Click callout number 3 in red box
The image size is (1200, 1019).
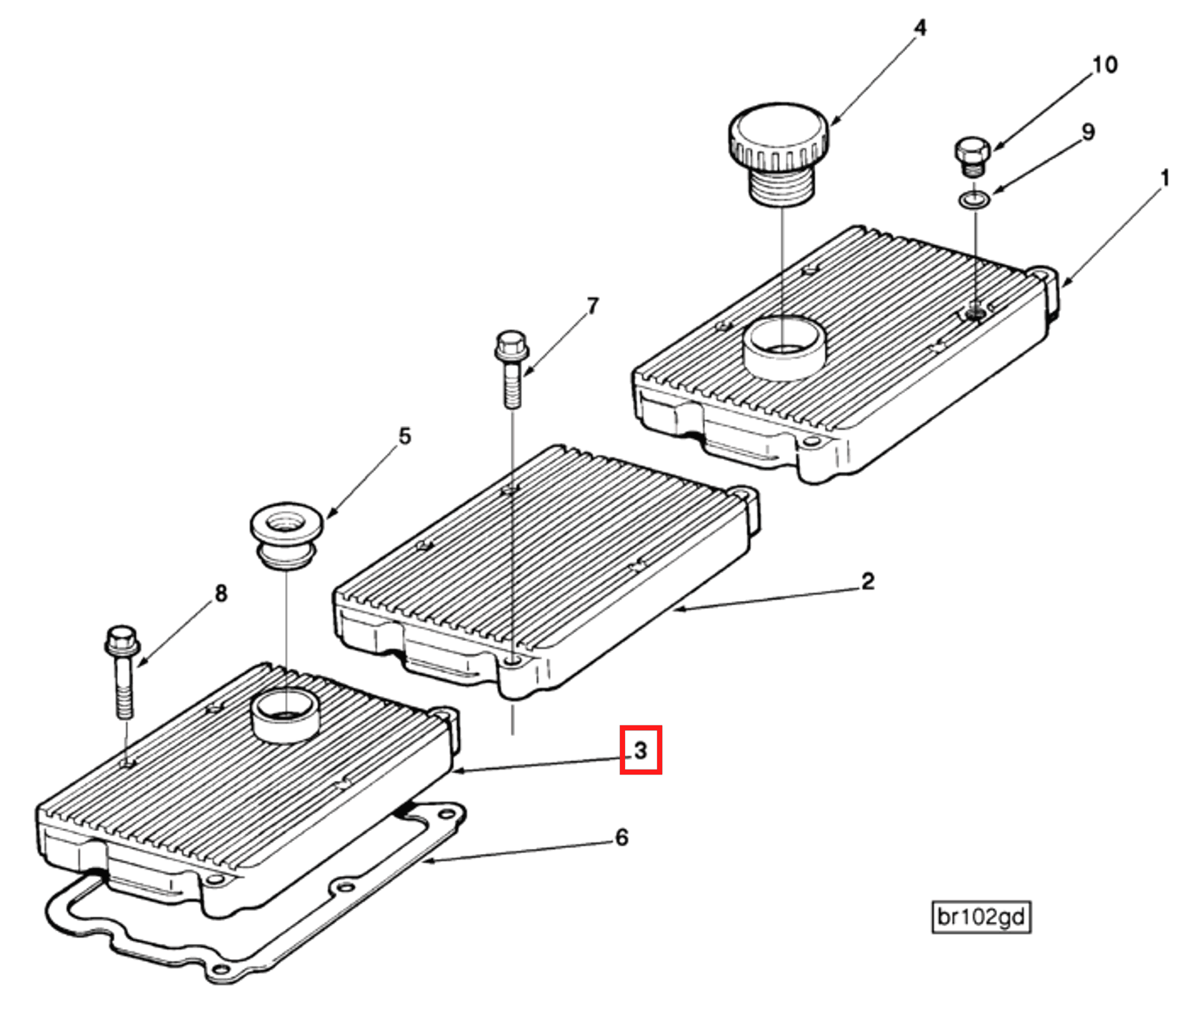(x=641, y=750)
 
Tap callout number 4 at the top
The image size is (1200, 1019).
(x=920, y=29)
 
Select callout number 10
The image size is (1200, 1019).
(x=1104, y=65)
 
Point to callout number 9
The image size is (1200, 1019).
(x=1088, y=132)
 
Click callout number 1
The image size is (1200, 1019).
(x=1165, y=178)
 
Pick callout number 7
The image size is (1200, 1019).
(x=592, y=307)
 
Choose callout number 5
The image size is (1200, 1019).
(x=404, y=437)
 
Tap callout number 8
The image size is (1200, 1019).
(x=221, y=593)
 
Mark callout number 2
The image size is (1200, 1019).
(x=868, y=581)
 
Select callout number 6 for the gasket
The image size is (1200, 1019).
(x=621, y=837)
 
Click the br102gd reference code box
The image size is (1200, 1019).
(x=981, y=917)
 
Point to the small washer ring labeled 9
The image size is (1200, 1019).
(x=974, y=199)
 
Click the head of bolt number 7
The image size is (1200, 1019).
(x=511, y=344)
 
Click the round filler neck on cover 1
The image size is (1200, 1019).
(x=784, y=347)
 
